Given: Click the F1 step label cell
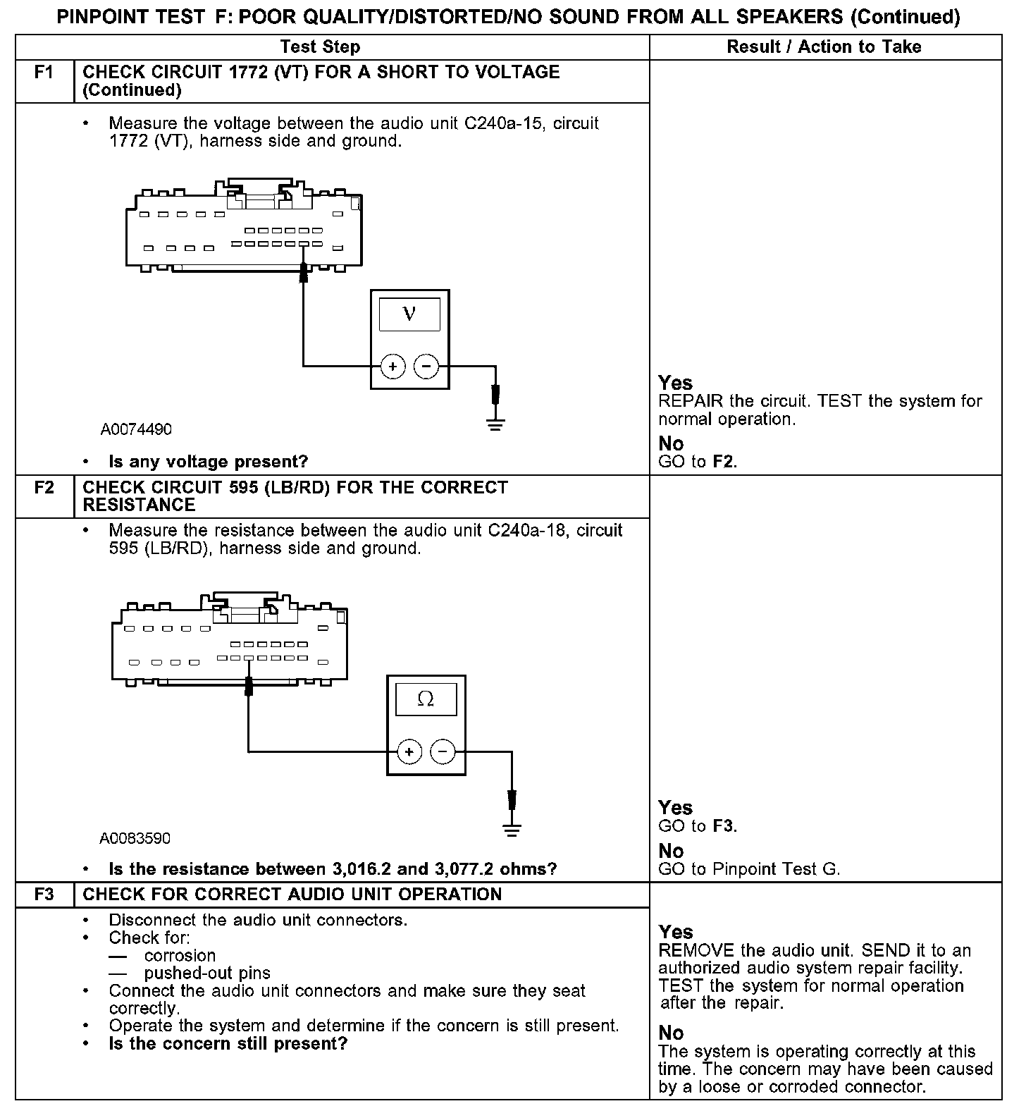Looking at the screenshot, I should tap(44, 72).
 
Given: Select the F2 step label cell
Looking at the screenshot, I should tap(44, 487).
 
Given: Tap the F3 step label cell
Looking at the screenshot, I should tap(44, 895).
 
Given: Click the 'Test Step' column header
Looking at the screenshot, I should tap(320, 47).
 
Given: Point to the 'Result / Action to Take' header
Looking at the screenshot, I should tap(824, 47).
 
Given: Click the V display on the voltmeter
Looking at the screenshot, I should tap(409, 314).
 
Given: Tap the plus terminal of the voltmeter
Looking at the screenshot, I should tap(393, 367).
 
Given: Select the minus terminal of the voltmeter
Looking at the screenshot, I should tap(426, 367).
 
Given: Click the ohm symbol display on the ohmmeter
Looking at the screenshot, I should tap(426, 699).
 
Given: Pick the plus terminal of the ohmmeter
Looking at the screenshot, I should tap(409, 752).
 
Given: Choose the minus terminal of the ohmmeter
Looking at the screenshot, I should tap(443, 752).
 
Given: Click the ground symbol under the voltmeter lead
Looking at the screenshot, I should tap(495, 424).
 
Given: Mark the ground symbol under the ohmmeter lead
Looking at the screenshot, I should tap(512, 830).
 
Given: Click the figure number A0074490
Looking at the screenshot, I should tap(136, 429).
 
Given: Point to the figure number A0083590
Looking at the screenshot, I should tap(135, 838).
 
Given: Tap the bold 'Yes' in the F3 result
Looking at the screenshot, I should tap(676, 932).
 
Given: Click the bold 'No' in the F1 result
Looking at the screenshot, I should tap(671, 443).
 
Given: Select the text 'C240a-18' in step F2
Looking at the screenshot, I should tap(526, 530).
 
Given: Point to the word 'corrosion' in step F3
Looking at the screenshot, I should tap(180, 956).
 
